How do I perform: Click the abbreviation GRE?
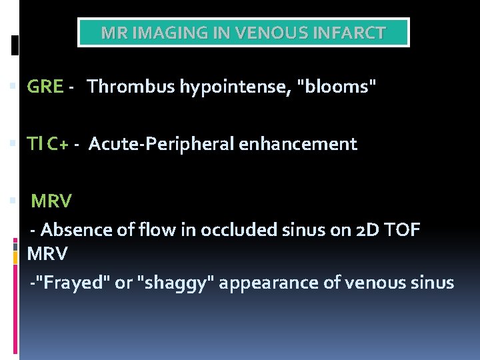pos(45,87)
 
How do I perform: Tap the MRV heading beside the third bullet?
pos(51,201)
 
